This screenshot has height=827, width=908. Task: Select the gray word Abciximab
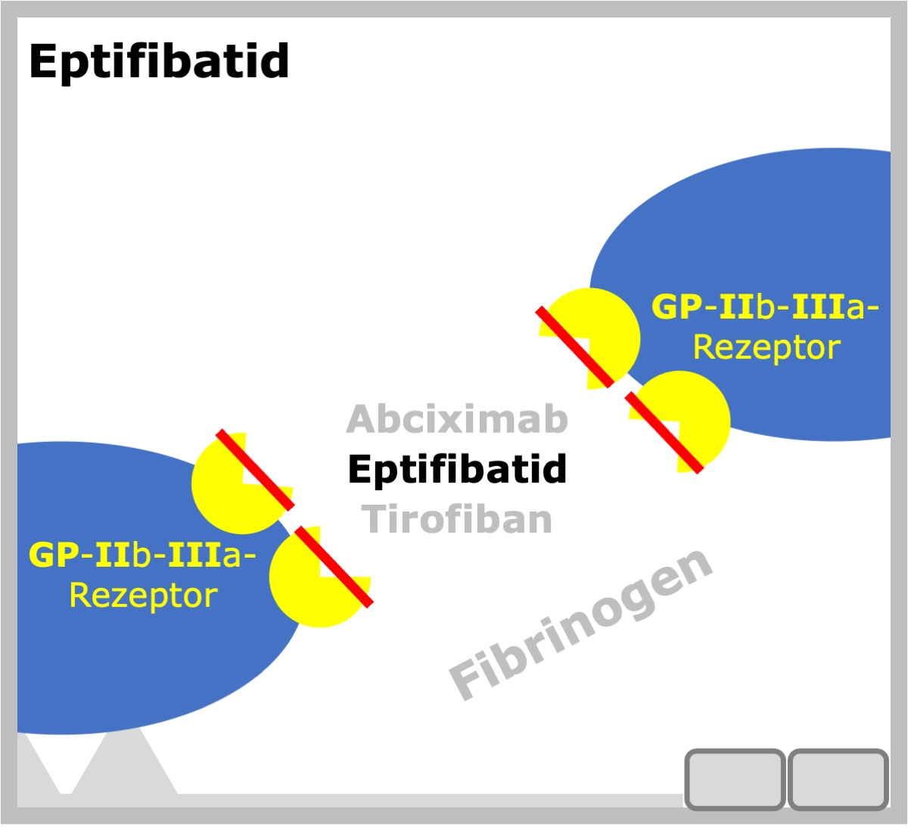click(457, 418)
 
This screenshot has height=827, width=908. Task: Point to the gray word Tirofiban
click(457, 519)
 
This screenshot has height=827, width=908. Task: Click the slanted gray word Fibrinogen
click(580, 624)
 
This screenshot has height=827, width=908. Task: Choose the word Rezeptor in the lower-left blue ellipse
click(144, 595)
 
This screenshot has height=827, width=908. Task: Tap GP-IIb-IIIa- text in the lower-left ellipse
click(142, 555)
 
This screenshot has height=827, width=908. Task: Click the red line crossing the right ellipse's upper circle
click(575, 347)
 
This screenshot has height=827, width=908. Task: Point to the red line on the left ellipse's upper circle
click(255, 470)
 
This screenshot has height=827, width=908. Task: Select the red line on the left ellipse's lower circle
click(334, 567)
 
